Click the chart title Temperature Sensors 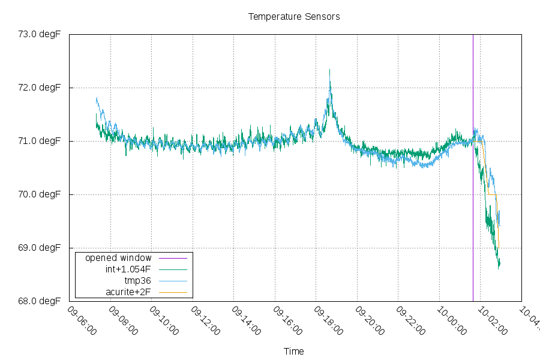tap(294, 17)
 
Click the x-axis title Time tap(294, 352)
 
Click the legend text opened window tap(118, 258)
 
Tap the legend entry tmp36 tap(137, 281)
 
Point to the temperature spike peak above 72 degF tap(329, 71)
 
